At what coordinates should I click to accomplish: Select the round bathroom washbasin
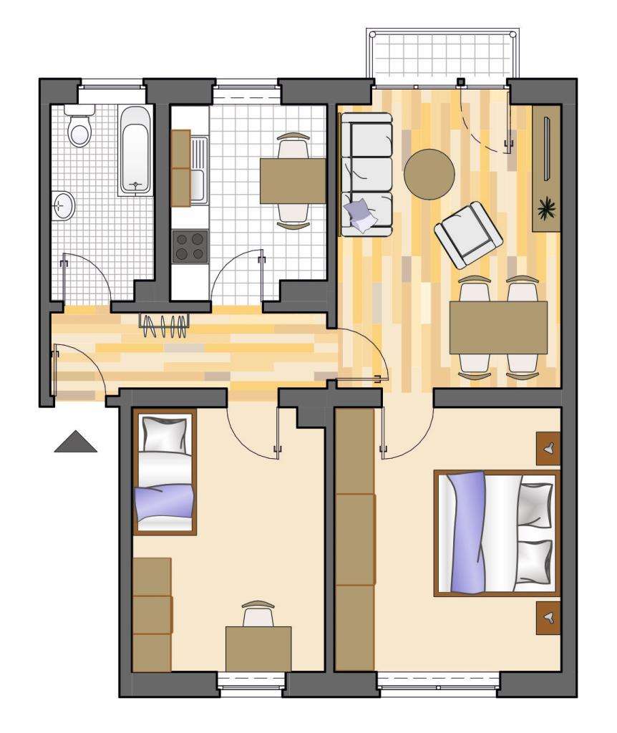tap(64, 206)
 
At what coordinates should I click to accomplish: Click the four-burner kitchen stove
tap(189, 246)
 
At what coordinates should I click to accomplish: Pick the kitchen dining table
tap(292, 180)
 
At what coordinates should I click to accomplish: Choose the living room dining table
tap(497, 327)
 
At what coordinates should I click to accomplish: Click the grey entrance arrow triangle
tap(75, 442)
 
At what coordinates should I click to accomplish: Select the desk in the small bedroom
tap(258, 647)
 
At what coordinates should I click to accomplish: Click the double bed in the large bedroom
tap(497, 533)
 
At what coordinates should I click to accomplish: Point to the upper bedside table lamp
tap(548, 449)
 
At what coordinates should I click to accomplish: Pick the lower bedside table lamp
tap(548, 617)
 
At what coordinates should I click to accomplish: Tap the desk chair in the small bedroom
tap(258, 614)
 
